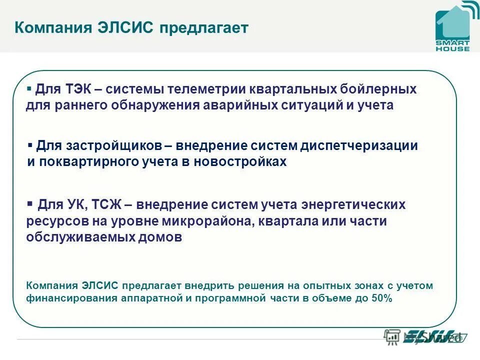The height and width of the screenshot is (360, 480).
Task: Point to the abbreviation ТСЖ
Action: [107, 205]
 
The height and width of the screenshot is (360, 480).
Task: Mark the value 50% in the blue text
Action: [382, 298]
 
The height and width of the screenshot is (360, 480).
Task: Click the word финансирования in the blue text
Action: [71, 298]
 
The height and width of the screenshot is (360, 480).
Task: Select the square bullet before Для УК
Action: [29, 203]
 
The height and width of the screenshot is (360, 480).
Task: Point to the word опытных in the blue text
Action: [321, 286]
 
